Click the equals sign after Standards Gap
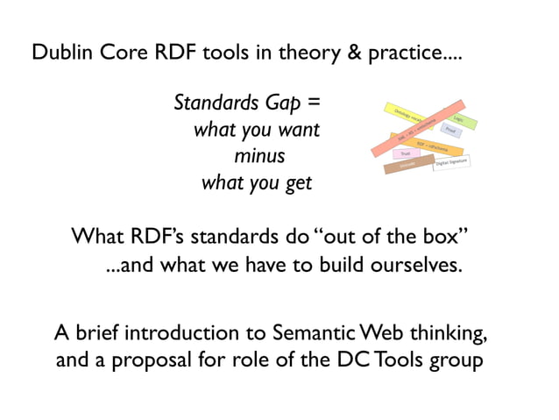point(314,103)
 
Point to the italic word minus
point(258,157)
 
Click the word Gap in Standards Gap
point(286,103)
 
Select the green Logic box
point(459,118)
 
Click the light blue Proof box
point(449,131)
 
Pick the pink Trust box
point(406,154)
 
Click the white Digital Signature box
point(453,163)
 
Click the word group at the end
point(455,360)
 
